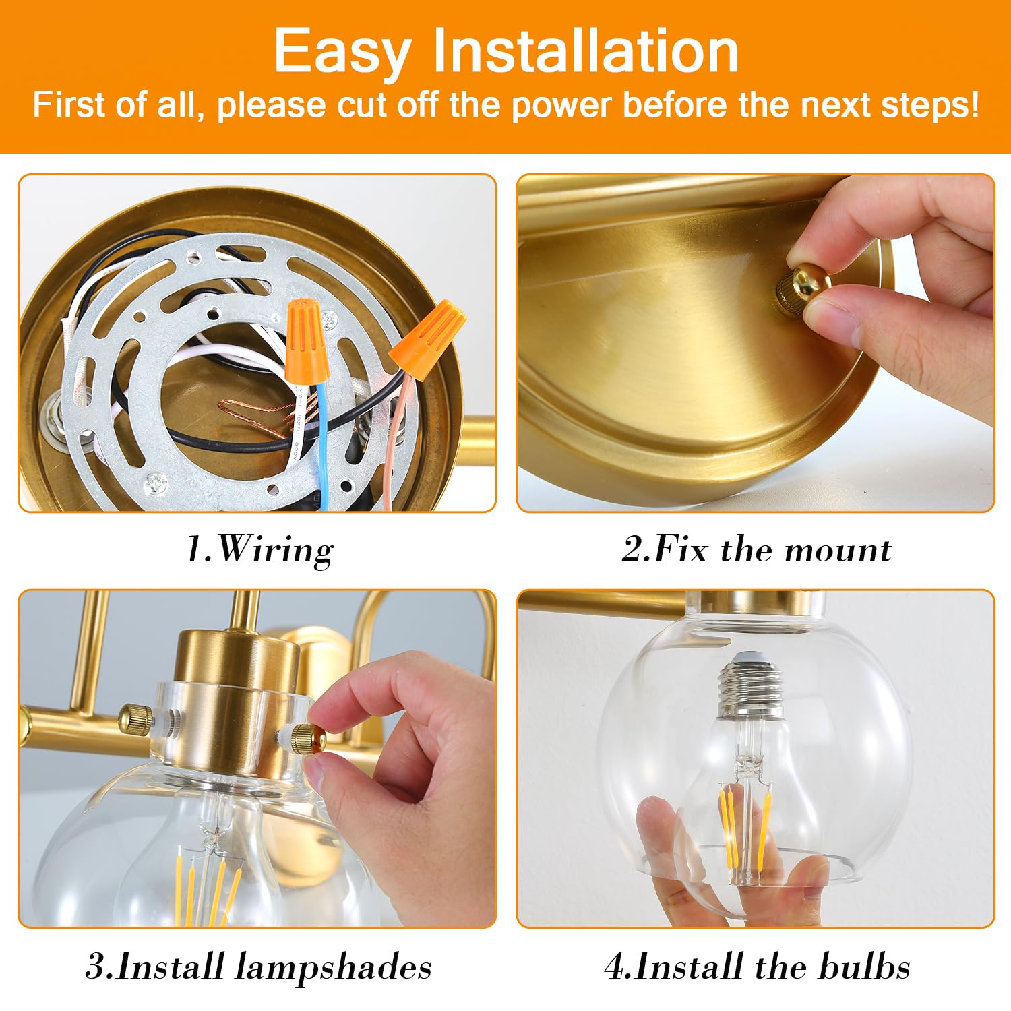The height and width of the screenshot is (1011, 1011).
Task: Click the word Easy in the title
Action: (x=342, y=53)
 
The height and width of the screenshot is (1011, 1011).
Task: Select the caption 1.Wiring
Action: (x=259, y=550)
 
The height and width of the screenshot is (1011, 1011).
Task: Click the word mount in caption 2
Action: (x=837, y=550)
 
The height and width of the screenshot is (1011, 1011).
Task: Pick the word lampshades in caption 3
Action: (x=334, y=967)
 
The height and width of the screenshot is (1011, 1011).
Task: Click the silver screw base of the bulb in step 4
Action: (x=752, y=685)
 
